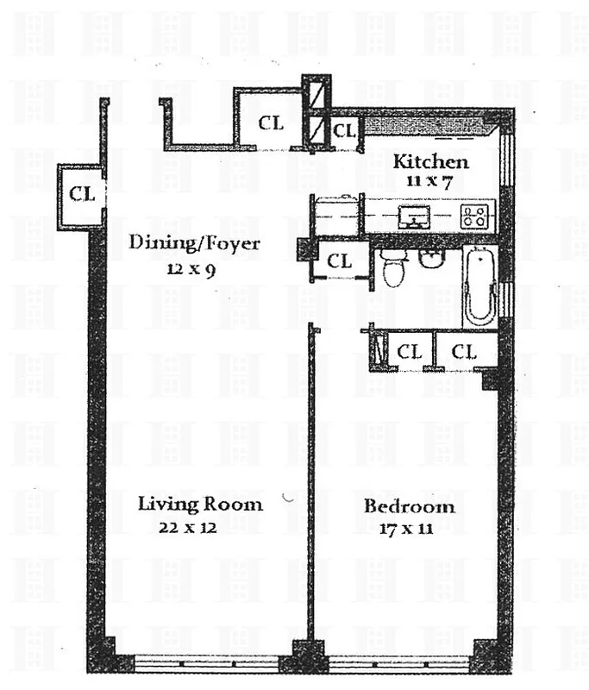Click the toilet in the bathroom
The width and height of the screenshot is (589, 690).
tap(393, 268)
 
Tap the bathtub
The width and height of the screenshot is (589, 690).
tap(478, 285)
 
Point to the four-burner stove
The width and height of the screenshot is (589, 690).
tap(474, 216)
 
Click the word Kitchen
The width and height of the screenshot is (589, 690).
tap(431, 162)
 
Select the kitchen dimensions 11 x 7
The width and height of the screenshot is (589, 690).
tap(431, 180)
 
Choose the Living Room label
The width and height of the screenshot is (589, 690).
tap(200, 504)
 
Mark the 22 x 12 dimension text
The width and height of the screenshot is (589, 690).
tap(187, 528)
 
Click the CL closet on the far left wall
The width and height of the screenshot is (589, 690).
tap(81, 194)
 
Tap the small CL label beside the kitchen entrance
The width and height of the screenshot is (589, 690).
tap(345, 131)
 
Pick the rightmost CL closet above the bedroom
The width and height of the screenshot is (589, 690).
tap(464, 352)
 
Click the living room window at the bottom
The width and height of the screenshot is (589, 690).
tap(207, 663)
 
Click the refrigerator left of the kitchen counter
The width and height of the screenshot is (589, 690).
tap(337, 215)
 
